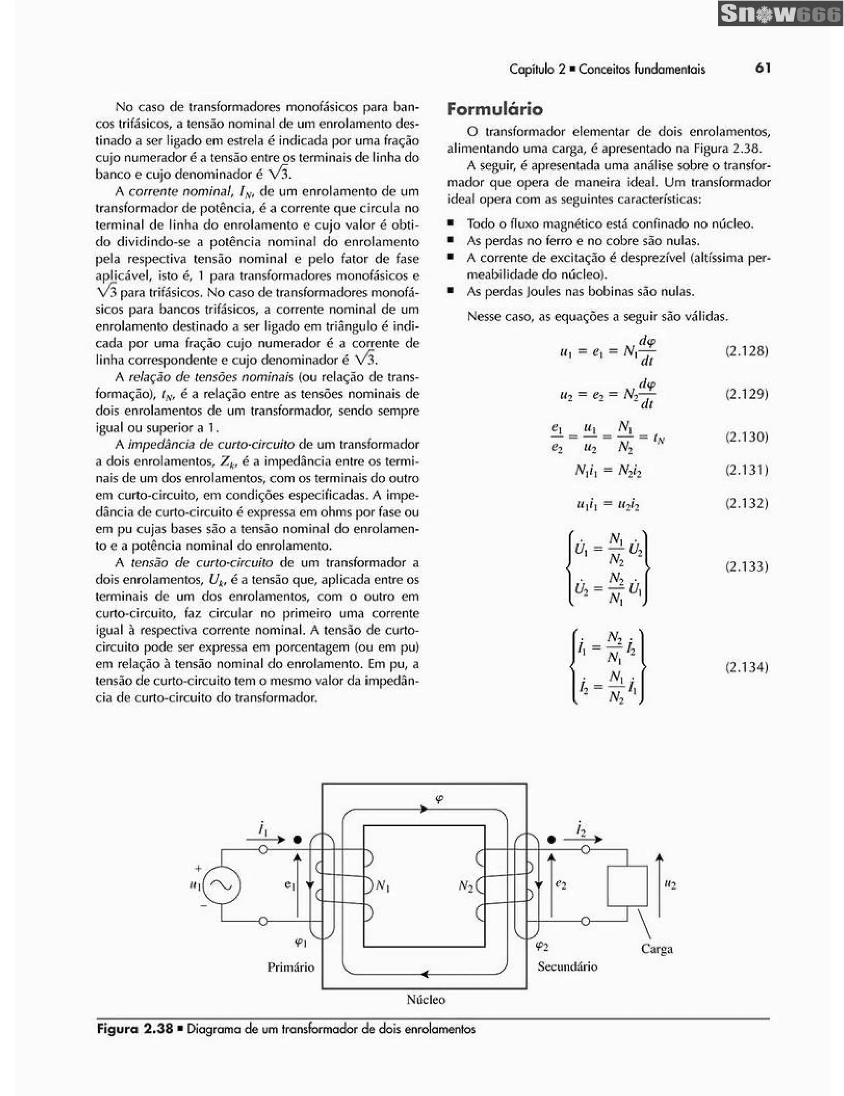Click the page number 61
[x=763, y=68]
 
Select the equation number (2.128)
[x=747, y=351]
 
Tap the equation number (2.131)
[x=747, y=470]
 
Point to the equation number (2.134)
[x=747, y=667]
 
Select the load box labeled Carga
[x=627, y=886]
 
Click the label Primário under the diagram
[x=291, y=967]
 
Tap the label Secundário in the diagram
[x=567, y=967]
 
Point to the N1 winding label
[x=383, y=886]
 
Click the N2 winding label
[x=466, y=886]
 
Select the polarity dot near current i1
[x=298, y=839]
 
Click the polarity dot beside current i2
[x=551, y=839]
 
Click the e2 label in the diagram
[x=561, y=885]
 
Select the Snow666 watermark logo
[x=780, y=14]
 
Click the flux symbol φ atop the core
[x=440, y=799]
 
